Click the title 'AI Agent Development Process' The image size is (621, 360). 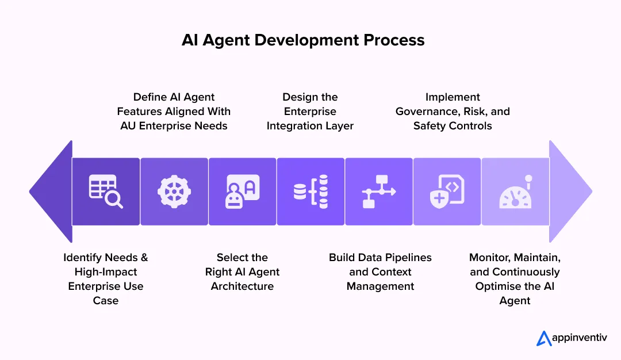tap(303, 40)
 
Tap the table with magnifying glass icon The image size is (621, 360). tap(106, 192)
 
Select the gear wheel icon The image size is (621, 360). tap(174, 192)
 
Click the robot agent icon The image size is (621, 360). tap(243, 192)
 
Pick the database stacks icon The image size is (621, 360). tap(310, 192)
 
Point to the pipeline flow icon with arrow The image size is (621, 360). tap(379, 192)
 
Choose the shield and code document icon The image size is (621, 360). tap(447, 192)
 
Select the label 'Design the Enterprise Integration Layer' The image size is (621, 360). tap(310, 112)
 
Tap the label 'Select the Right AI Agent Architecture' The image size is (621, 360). tap(242, 272)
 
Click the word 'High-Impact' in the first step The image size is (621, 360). tap(106, 272)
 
